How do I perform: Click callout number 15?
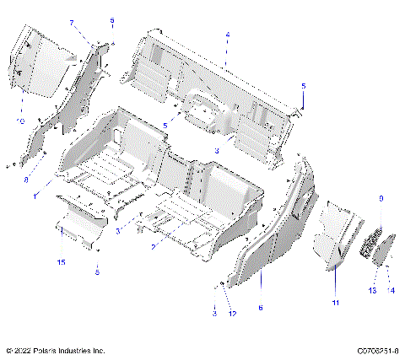61,262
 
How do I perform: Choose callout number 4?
227,35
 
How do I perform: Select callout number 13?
372,290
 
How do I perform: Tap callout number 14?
391,290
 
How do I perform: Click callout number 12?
232,314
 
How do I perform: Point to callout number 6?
260,308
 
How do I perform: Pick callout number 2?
152,246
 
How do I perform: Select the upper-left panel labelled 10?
38,63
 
